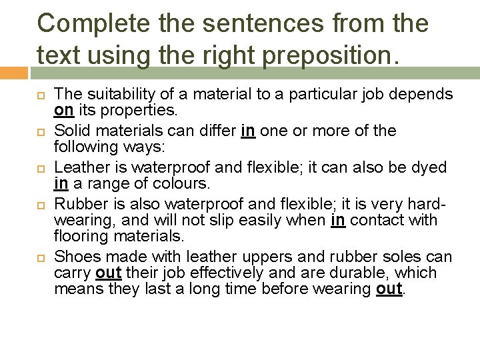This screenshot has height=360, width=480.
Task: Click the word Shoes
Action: click(x=73, y=257)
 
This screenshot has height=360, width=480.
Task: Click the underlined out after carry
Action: click(x=108, y=273)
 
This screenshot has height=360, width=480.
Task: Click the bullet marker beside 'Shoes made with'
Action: click(x=39, y=256)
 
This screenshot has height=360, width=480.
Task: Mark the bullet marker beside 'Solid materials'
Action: click(x=39, y=129)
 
